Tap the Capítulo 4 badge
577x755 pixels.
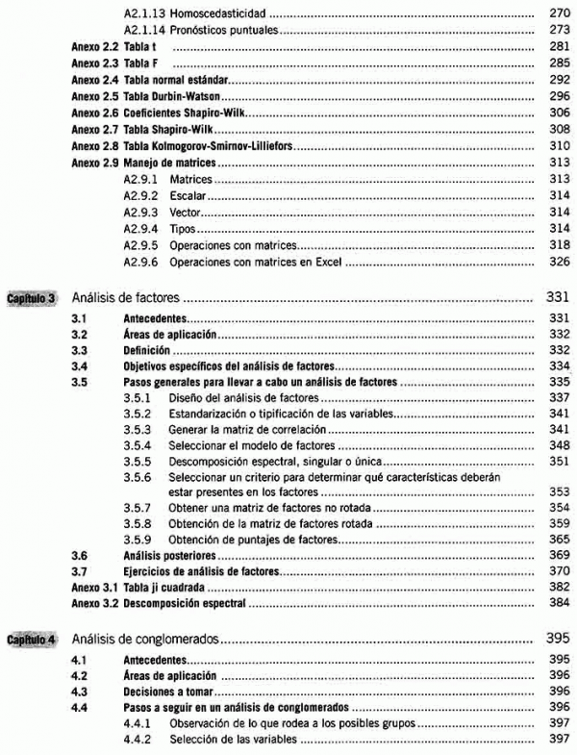(35, 638)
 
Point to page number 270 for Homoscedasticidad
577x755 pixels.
(559, 15)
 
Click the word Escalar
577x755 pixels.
(186, 194)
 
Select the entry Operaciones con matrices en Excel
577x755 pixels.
(255, 260)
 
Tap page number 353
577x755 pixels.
(559, 491)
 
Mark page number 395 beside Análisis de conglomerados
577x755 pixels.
(559, 638)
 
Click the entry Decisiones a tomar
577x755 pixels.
(169, 692)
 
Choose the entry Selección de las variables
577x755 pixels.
(232, 740)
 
